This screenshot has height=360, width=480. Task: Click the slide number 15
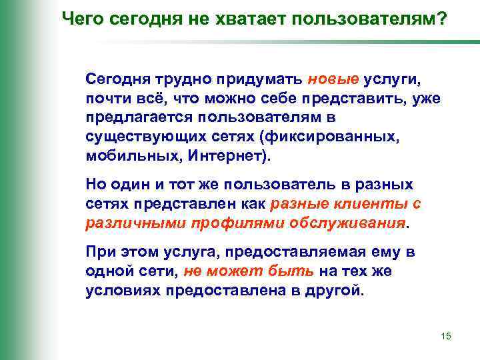click(446, 336)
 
